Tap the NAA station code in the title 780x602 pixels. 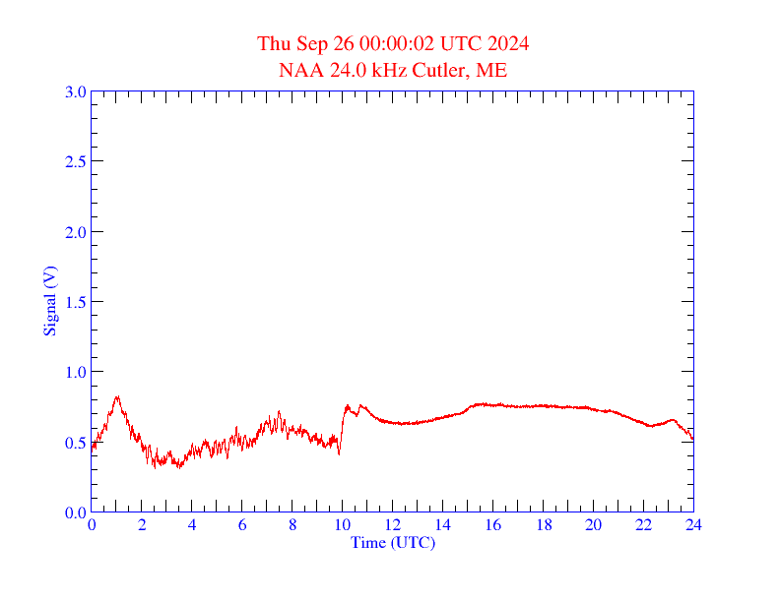pos(297,70)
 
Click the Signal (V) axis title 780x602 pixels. pos(49,301)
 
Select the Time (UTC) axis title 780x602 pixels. pos(393,542)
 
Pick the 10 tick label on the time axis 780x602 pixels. pos(343,525)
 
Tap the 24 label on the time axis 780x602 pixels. pos(693,525)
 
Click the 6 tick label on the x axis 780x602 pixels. pos(242,525)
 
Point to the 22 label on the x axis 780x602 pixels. pos(643,525)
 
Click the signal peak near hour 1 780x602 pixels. pos(117,396)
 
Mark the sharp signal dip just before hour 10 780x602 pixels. pos(339,453)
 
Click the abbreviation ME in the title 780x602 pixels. pos(492,70)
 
